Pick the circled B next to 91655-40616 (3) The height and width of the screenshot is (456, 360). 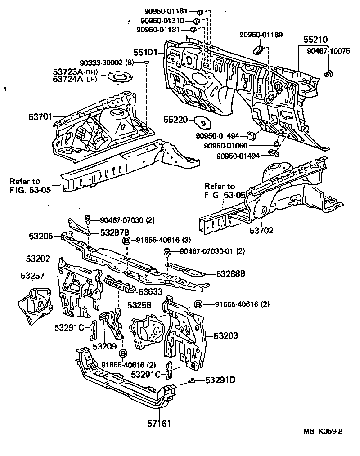tap(127, 241)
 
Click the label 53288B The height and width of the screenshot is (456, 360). tap(230, 273)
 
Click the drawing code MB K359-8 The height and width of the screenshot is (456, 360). tap(323, 431)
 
